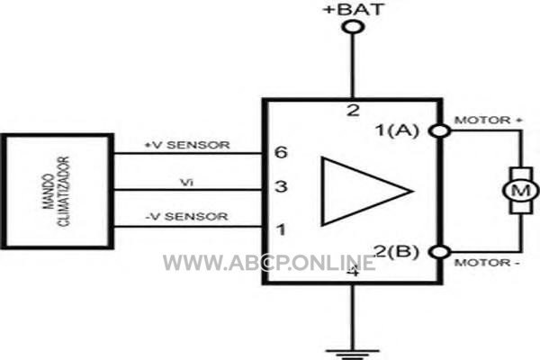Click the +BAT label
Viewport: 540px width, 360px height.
[x=354, y=9]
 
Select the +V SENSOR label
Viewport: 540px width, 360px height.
[x=187, y=145]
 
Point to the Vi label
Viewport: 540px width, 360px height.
[x=187, y=182]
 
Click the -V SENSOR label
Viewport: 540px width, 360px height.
[x=186, y=216]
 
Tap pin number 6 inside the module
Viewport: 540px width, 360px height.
[x=281, y=152]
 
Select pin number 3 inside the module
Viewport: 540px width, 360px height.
[x=281, y=186]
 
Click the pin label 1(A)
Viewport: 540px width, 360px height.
[x=397, y=130]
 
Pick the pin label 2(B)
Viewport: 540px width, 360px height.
[x=397, y=251]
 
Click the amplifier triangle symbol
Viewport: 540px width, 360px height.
[x=367, y=192]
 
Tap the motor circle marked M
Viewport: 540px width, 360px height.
[x=521, y=191]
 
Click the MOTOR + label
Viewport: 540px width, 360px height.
[x=488, y=121]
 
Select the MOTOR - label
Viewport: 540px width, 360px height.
[x=487, y=263]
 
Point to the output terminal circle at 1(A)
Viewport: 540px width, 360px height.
[x=440, y=130]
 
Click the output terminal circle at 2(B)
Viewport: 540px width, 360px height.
[x=440, y=252]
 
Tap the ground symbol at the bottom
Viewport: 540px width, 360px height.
[x=353, y=354]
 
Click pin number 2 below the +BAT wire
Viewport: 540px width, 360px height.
[x=353, y=111]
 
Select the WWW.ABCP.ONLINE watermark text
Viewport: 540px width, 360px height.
[x=269, y=263]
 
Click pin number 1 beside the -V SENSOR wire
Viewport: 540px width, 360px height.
[x=282, y=229]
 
